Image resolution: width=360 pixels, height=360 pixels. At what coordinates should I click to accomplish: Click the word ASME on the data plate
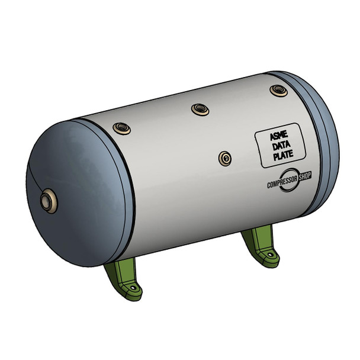point(279,137)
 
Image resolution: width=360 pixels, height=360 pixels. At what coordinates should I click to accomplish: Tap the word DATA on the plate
point(279,147)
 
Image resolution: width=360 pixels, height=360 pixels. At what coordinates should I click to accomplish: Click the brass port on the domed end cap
point(46,201)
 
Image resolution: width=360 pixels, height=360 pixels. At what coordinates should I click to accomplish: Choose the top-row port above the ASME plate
point(278,91)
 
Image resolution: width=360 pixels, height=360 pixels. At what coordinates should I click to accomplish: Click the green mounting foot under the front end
point(124,281)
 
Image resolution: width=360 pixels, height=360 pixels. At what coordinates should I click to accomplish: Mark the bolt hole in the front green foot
point(134,290)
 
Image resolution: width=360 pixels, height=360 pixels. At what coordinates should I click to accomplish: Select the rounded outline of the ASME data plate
point(256,148)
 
